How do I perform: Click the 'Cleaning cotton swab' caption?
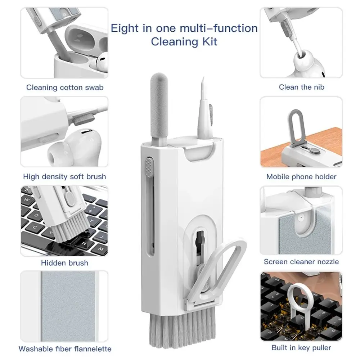(x=64, y=87)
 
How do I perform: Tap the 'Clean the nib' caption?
(x=301, y=87)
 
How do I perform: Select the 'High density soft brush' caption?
(x=64, y=176)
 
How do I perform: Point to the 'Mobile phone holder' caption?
(x=301, y=176)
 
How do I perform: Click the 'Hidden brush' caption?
(x=64, y=263)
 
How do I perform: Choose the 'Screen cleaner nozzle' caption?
(x=301, y=262)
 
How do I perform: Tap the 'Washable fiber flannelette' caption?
(x=65, y=348)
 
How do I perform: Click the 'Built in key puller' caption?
(x=301, y=347)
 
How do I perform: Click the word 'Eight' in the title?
(x=125, y=28)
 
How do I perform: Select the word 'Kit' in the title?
(x=209, y=41)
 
